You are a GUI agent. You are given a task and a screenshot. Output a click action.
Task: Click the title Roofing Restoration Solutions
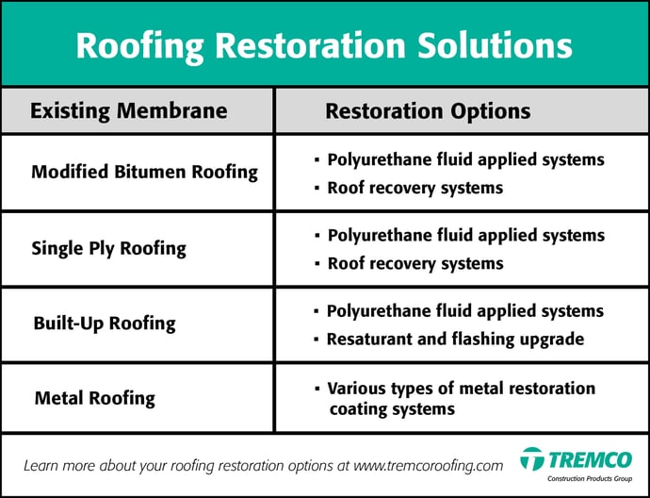pos(324,45)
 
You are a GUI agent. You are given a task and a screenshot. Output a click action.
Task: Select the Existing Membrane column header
pos(128,110)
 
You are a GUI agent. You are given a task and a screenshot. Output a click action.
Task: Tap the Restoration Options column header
pos(428,111)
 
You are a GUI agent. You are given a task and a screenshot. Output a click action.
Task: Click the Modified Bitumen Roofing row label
pos(145,173)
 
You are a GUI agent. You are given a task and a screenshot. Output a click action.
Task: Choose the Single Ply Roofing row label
pos(109,249)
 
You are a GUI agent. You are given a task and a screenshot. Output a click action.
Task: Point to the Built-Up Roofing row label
pos(105,324)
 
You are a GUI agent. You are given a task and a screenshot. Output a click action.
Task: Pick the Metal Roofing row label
pos(95,398)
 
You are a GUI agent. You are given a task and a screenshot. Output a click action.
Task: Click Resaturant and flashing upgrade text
pos(456,340)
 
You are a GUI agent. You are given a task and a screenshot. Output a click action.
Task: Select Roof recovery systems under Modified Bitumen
pos(415,188)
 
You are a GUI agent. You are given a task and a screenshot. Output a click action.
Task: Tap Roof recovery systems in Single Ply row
pos(415,263)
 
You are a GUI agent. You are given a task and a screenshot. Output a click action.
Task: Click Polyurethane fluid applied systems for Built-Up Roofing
pos(465,311)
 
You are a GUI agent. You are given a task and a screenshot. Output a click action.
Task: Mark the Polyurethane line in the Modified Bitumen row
pos(466,159)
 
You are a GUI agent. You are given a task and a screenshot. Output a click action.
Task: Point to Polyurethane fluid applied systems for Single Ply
pos(466,236)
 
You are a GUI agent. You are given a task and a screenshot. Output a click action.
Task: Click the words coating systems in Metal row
pos(392,409)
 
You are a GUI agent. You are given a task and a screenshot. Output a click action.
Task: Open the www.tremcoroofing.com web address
pos(429,466)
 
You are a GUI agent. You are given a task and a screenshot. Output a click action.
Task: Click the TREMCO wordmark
pos(591,460)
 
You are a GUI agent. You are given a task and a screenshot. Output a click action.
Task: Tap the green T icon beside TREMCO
pos(532,458)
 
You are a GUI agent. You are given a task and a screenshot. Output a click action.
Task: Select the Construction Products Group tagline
pos(590,479)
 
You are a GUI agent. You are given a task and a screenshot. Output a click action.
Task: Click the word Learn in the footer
pos(39,466)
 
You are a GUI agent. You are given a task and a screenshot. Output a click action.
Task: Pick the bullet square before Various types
pos(317,389)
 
